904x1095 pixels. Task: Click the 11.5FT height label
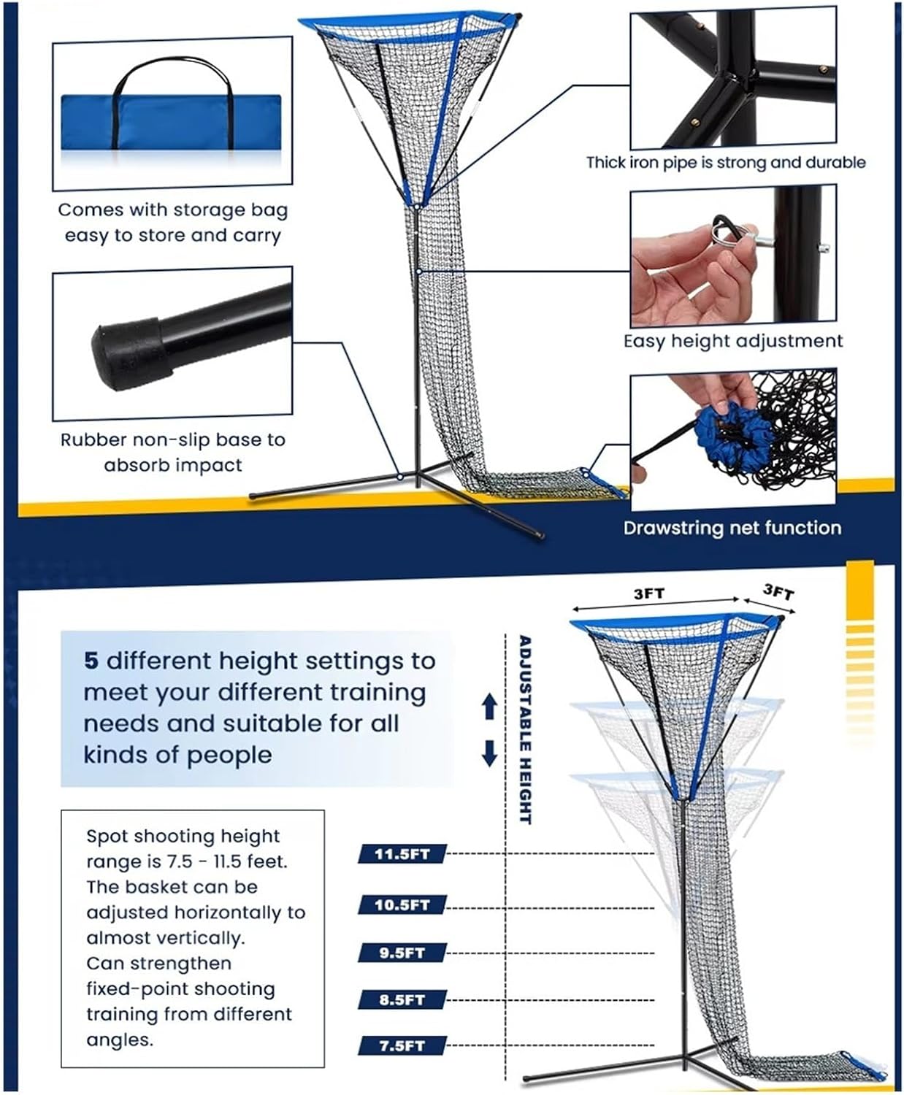[x=402, y=853]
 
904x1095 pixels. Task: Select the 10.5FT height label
[x=402, y=905]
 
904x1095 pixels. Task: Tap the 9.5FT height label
[x=402, y=953]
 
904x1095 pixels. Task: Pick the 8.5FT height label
[x=402, y=1000]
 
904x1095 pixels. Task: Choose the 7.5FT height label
[x=402, y=1046]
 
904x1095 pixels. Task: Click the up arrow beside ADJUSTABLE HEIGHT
[x=490, y=706]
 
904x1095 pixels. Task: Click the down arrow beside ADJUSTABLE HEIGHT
[x=490, y=753]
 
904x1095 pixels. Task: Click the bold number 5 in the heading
[x=91, y=661]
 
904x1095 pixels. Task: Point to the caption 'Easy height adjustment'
[x=732, y=341]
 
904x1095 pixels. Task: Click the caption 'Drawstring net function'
[x=732, y=528]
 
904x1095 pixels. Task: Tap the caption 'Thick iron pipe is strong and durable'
[x=725, y=162]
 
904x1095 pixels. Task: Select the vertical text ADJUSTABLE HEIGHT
[x=524, y=729]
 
